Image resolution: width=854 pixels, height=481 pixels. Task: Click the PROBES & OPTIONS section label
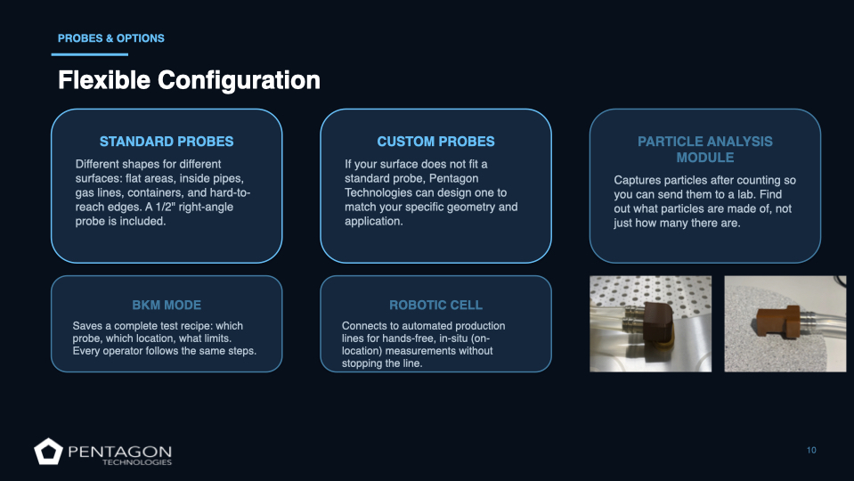point(111,38)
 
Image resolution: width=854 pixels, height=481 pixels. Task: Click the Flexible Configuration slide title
point(189,80)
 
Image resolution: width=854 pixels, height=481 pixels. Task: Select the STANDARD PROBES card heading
point(167,142)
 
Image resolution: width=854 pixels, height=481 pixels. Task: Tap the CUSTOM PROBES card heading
point(435,142)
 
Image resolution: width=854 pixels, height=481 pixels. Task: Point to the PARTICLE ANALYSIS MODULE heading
point(705,150)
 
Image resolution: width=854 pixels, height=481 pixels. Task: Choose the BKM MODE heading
point(167,305)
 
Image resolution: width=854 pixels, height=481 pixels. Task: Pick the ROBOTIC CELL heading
point(435,305)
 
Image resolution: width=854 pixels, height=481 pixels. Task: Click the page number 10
point(811,450)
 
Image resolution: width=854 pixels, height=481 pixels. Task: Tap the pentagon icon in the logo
point(48,452)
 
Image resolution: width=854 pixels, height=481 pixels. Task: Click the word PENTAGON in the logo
point(120,452)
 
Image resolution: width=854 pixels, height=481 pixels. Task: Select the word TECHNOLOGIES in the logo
point(137,462)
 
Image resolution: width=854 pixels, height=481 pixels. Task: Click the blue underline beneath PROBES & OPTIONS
point(90,54)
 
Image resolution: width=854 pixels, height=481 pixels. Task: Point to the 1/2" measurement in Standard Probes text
point(166,207)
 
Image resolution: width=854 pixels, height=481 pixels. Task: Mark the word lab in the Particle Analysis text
point(773,194)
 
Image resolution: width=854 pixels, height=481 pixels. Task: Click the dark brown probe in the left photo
point(657,330)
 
